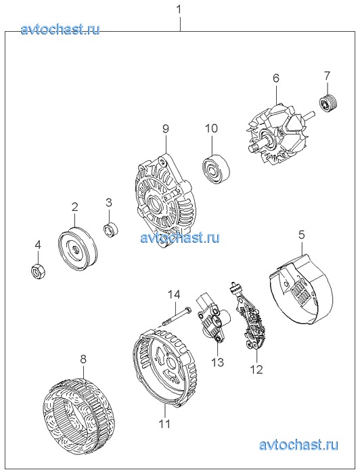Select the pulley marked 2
tap(77, 250)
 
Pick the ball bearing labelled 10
tap(215, 170)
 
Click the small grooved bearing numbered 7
tap(329, 103)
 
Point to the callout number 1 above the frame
tap(179, 10)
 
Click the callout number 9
tap(166, 128)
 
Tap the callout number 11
tap(165, 424)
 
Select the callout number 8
tap(83, 359)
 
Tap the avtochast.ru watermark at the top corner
tap(60, 29)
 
